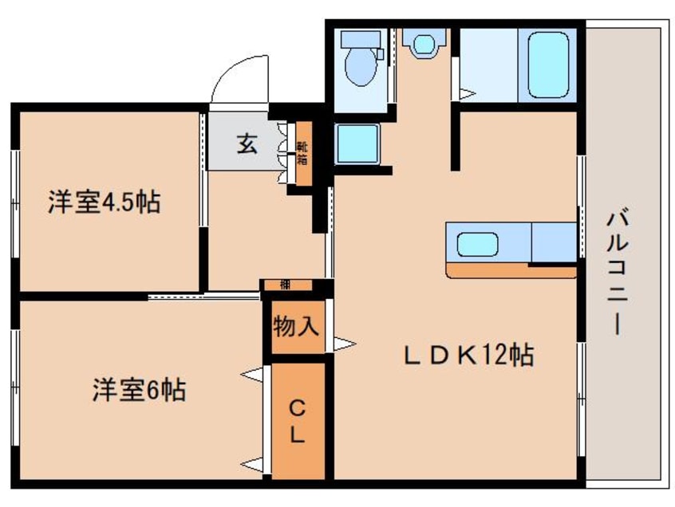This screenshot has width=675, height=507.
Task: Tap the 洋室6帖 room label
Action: (x=138, y=390)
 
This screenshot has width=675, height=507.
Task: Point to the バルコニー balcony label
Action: (x=614, y=272)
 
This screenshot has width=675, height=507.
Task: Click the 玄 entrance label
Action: (x=247, y=145)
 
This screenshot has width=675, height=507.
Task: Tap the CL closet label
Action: (x=296, y=422)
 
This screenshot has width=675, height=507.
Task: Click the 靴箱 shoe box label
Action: (x=303, y=151)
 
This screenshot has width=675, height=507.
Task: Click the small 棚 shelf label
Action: (x=285, y=285)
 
